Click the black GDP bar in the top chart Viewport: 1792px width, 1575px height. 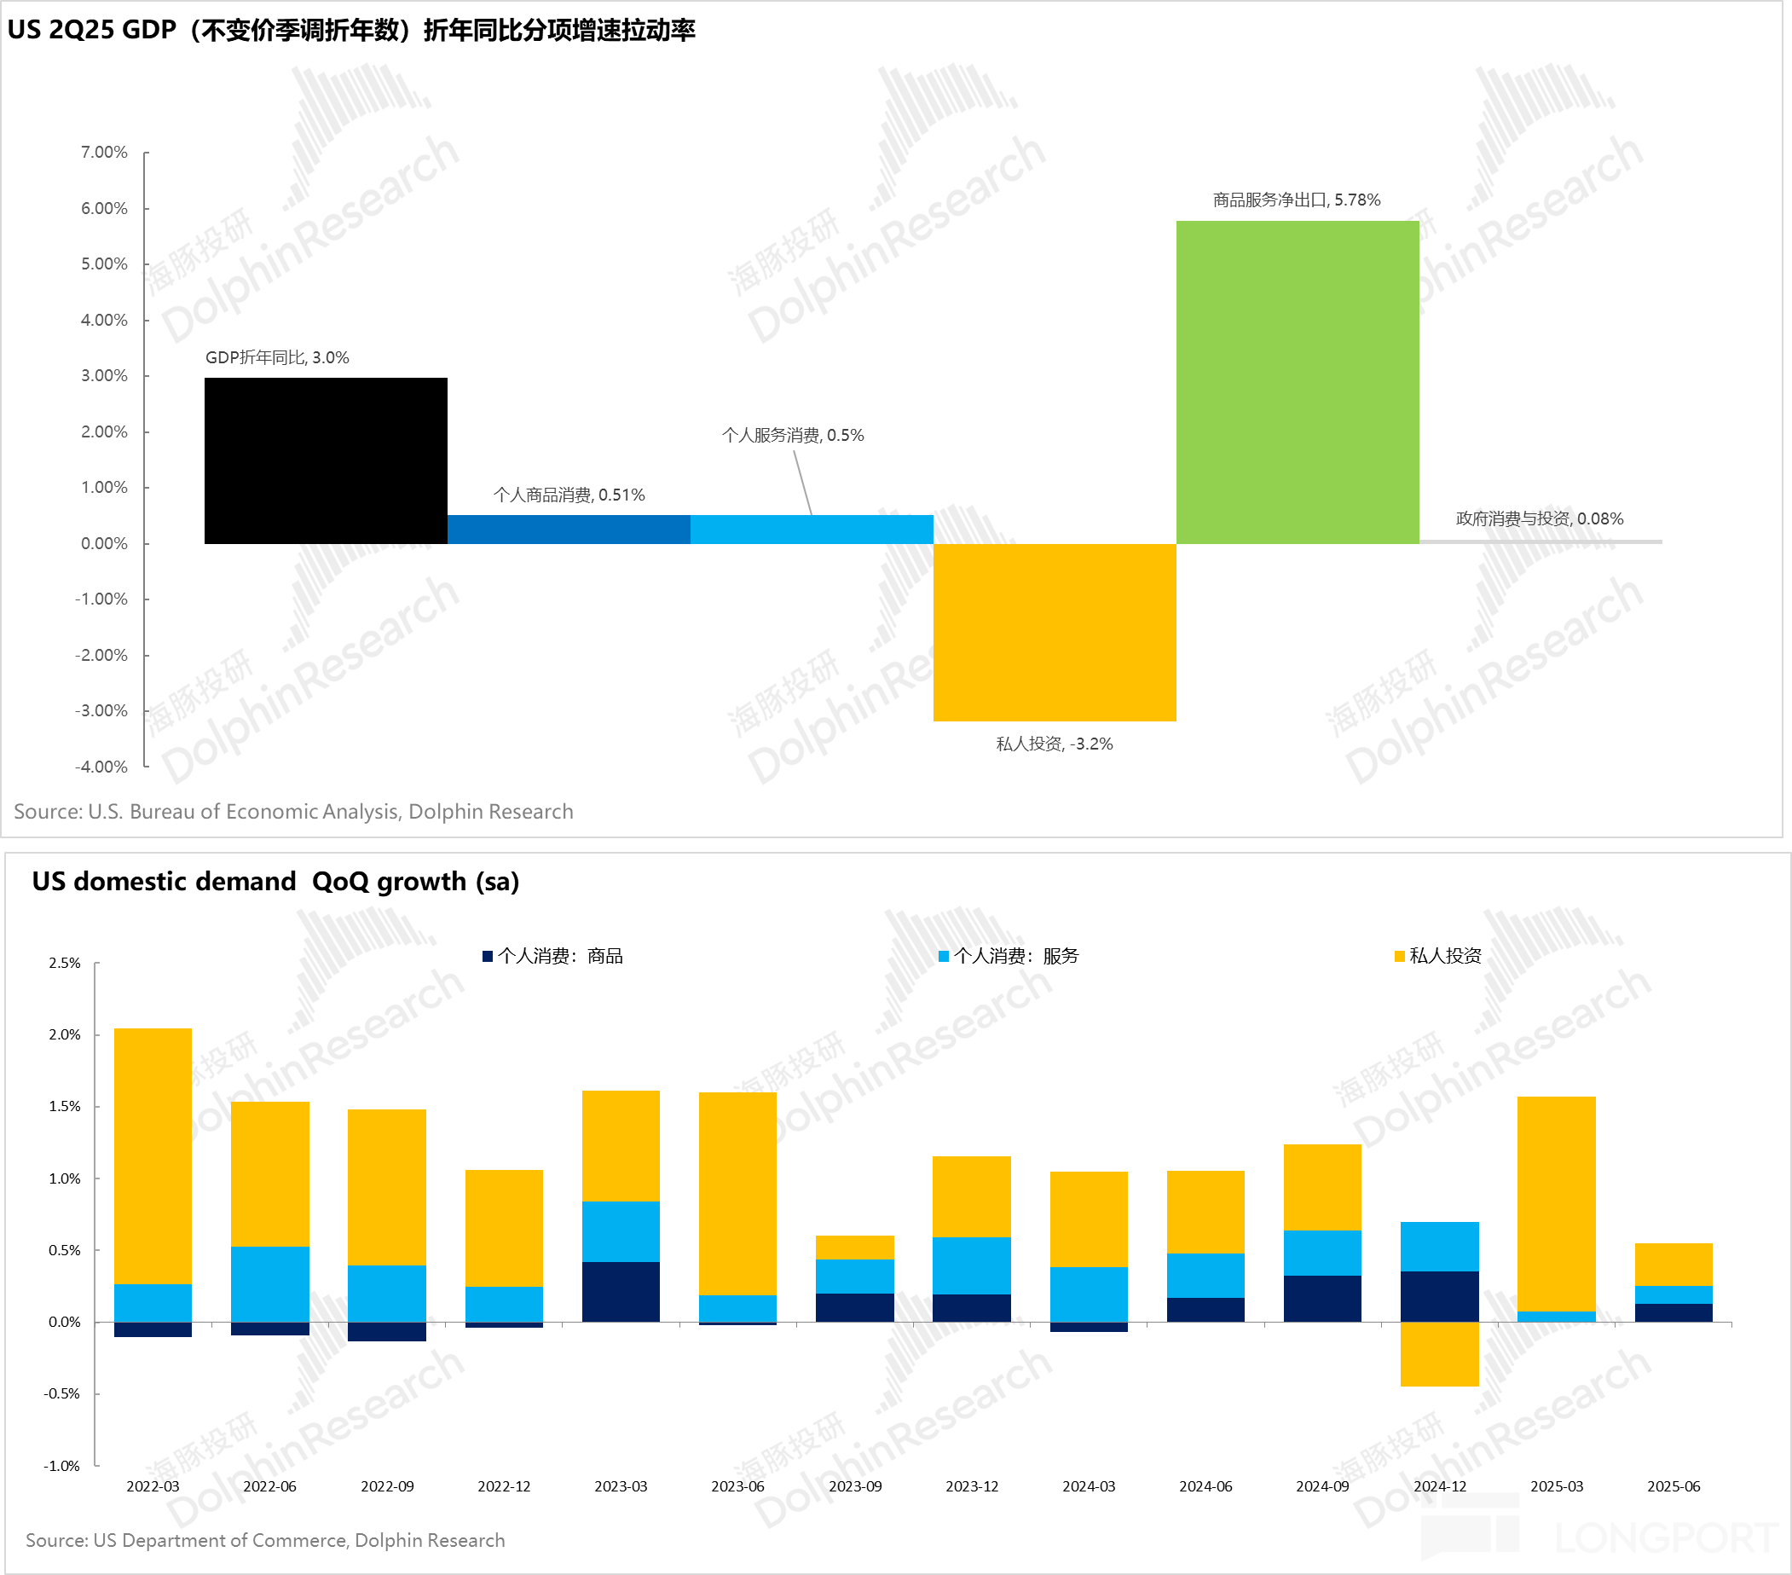click(x=326, y=460)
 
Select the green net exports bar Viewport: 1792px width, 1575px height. click(x=1297, y=381)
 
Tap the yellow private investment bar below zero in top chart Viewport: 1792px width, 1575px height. click(x=1054, y=632)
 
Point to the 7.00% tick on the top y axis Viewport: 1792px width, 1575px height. click(x=104, y=153)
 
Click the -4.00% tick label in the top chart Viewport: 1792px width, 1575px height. click(x=101, y=767)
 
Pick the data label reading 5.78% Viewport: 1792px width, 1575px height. click(x=1296, y=200)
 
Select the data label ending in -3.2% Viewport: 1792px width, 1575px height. click(x=1054, y=744)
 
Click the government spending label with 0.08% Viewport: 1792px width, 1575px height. click(x=1539, y=519)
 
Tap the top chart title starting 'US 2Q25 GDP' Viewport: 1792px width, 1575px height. click(x=350, y=31)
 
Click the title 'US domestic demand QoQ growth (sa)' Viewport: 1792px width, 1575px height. click(x=275, y=882)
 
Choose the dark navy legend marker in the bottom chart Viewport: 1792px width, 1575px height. click(x=488, y=957)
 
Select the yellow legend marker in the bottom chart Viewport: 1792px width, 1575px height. click(x=1399, y=957)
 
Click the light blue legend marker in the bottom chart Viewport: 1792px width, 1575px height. click(x=944, y=957)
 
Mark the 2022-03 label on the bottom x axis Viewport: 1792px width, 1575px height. click(x=153, y=1486)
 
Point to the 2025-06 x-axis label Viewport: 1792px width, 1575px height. click(x=1673, y=1486)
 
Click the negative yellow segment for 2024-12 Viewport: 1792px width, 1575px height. click(x=1439, y=1354)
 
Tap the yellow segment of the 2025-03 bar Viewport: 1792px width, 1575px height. click(x=1555, y=1203)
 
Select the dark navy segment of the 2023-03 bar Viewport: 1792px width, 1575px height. click(x=621, y=1292)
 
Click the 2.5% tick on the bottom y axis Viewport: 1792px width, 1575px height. click(x=65, y=963)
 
